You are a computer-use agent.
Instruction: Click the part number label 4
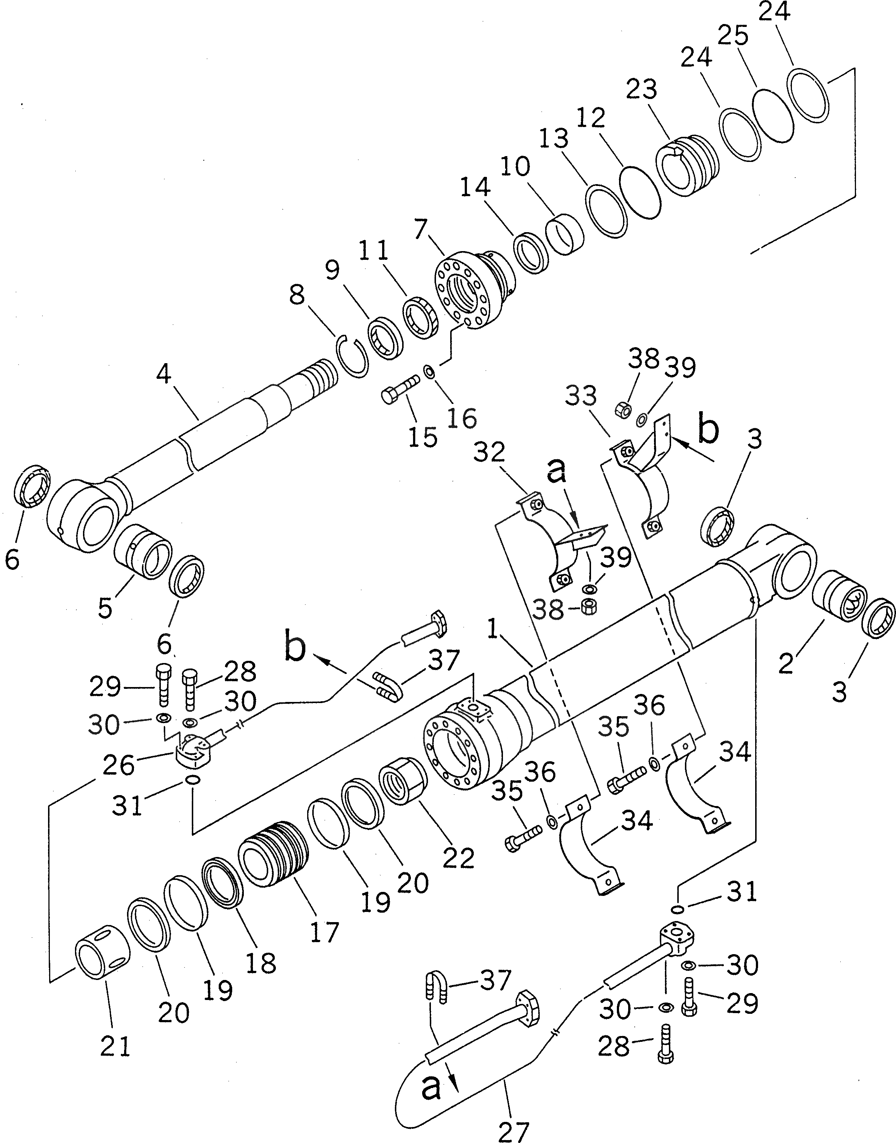(x=164, y=374)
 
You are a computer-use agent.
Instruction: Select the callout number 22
(x=459, y=858)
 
